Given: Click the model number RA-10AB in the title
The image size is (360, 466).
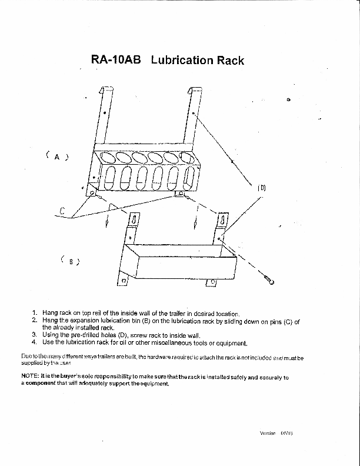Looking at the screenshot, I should (x=116, y=60).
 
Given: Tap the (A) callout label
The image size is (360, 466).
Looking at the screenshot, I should (x=57, y=157).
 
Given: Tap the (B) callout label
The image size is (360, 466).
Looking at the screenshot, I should (x=70, y=261).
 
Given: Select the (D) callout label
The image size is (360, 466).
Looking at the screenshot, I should (x=262, y=188).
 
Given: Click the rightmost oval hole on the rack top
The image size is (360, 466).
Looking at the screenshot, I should (x=188, y=158).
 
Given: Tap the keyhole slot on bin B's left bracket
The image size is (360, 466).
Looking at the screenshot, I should (x=134, y=220).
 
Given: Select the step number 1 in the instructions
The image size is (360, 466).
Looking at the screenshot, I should (x=35, y=314).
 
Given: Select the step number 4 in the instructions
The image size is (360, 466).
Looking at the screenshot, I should (x=35, y=342).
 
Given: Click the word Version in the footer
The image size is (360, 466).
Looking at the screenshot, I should (x=268, y=433).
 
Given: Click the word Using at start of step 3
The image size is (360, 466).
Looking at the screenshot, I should (x=51, y=335).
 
